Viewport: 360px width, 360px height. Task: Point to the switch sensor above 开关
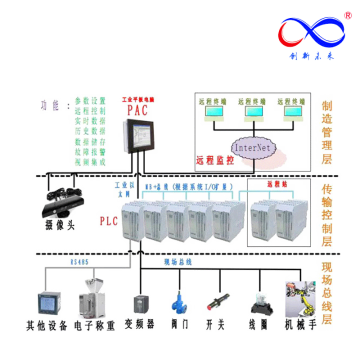pos(214,298)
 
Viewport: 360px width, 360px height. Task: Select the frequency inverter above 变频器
pos(137,297)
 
